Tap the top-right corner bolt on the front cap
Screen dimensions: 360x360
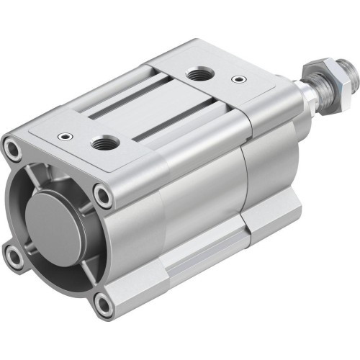[105, 195]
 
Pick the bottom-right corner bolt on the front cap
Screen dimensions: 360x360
[104, 306]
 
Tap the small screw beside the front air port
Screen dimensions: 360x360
[66, 135]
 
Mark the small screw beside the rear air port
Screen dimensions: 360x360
[237, 80]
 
